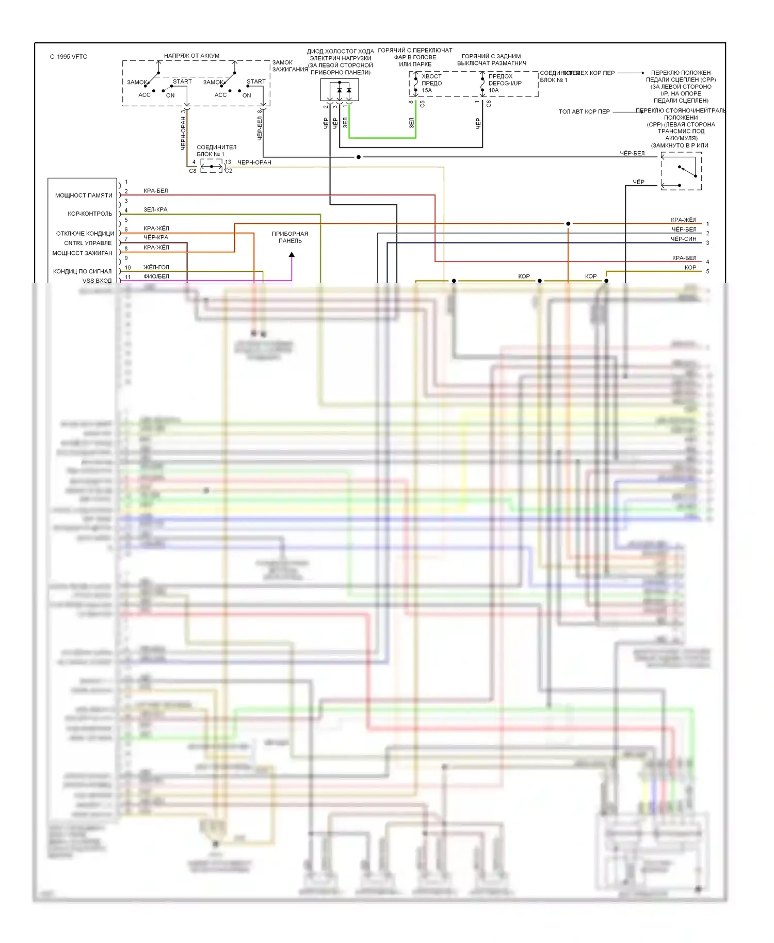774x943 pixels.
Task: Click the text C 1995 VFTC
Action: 69,57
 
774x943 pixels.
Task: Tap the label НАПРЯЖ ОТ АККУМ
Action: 191,56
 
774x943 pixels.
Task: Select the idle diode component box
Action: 340,90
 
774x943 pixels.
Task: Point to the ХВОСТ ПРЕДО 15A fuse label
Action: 431,83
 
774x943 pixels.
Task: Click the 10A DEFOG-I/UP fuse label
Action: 504,83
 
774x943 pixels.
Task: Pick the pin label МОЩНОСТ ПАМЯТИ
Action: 84,196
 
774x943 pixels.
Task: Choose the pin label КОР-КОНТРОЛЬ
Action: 90,214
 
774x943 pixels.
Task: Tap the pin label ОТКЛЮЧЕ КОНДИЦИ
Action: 85,234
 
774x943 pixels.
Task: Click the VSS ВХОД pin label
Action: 97,281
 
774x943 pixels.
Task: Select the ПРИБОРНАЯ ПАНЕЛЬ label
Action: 290,237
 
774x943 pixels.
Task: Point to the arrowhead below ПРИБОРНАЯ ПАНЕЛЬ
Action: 292,255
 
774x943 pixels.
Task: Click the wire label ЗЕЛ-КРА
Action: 155,209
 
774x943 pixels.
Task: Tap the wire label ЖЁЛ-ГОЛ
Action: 156,267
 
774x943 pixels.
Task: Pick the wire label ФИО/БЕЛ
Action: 156,277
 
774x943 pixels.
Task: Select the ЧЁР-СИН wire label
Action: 683,239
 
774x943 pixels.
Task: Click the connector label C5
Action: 423,104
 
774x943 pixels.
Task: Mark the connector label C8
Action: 192,171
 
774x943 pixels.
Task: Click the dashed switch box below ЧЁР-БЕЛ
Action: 681,171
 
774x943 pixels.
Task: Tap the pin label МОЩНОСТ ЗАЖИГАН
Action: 82,253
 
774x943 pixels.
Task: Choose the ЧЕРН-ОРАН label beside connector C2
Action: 254,162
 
